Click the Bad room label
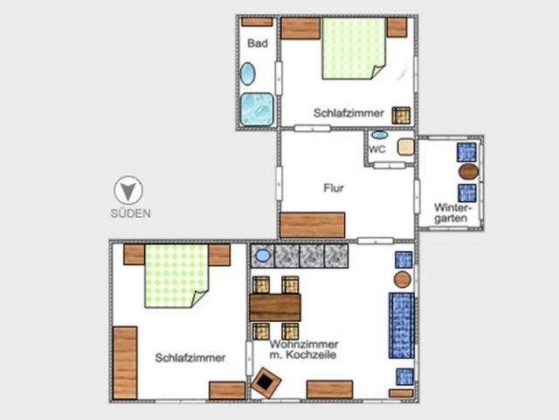point(258,43)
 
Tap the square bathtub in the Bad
point(257,109)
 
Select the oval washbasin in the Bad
point(247,73)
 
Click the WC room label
point(377,149)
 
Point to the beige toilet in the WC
point(405,147)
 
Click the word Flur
point(334,188)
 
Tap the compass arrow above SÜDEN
point(128,191)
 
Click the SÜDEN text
point(130,213)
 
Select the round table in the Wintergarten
point(468,171)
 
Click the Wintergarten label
point(452,213)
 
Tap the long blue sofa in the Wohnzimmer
point(402,325)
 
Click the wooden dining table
point(275,307)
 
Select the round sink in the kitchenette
point(263,255)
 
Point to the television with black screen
point(266,383)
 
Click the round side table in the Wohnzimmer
point(403,280)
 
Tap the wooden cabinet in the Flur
point(313,225)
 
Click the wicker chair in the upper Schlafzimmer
point(401,115)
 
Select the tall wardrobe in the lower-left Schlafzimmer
point(125,363)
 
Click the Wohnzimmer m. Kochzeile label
point(303,350)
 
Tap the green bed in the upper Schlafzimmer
point(354,49)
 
